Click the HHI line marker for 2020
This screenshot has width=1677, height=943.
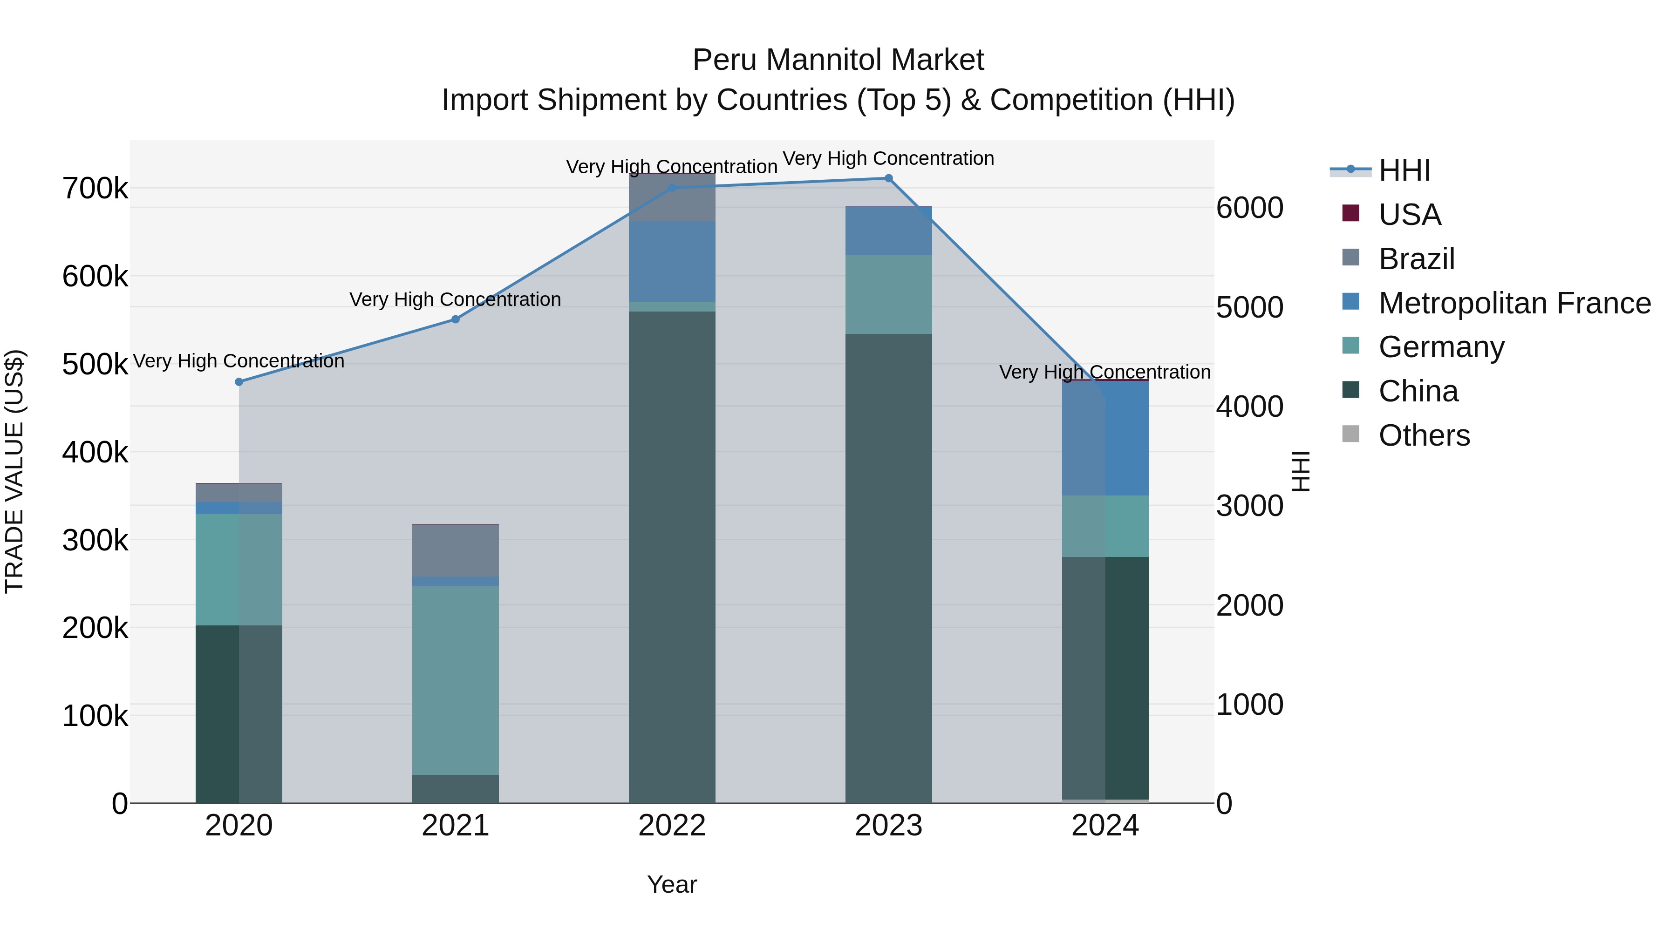[x=239, y=382]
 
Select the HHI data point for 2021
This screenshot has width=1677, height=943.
[x=456, y=319]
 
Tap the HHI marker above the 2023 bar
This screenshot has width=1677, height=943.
[x=889, y=178]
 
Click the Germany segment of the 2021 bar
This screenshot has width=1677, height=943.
[x=456, y=680]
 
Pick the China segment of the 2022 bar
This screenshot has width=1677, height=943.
[x=672, y=556]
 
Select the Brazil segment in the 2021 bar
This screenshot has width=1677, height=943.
[x=456, y=550]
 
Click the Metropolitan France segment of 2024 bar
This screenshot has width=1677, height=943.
[x=1105, y=439]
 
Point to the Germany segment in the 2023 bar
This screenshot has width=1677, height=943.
[x=889, y=294]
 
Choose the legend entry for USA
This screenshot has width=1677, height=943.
[x=1410, y=215]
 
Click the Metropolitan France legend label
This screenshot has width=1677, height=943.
[x=1514, y=303]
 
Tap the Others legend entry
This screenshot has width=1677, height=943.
[x=1424, y=435]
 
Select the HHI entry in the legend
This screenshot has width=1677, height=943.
[x=1404, y=170]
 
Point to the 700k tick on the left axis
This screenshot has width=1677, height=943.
[x=95, y=189]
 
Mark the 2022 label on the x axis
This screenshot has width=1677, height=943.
[x=672, y=826]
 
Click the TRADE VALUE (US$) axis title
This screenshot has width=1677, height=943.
[x=14, y=471]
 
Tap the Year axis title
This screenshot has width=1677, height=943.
[x=672, y=884]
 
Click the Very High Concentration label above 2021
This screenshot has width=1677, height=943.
[x=455, y=299]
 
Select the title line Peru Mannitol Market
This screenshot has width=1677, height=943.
[x=838, y=60]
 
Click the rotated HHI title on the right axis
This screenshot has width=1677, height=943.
[x=1300, y=471]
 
